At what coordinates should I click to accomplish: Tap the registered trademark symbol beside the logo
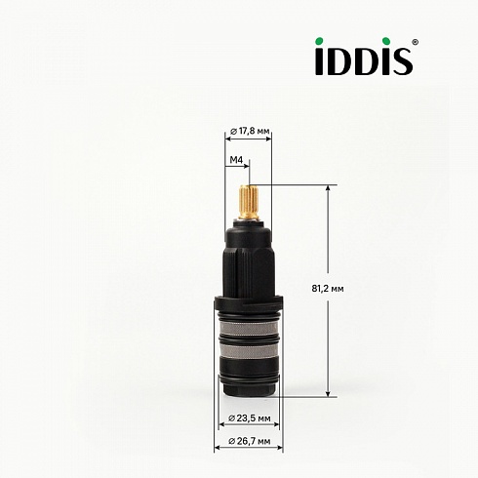415,42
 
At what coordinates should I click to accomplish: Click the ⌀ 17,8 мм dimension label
250,132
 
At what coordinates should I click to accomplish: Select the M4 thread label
237,160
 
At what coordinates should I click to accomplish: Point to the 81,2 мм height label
328,289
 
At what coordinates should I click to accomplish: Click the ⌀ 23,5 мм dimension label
250,418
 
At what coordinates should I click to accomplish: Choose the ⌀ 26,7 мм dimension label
250,441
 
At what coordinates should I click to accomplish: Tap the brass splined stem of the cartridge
249,202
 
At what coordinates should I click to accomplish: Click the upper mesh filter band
249,329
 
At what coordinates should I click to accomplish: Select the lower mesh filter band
249,351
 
